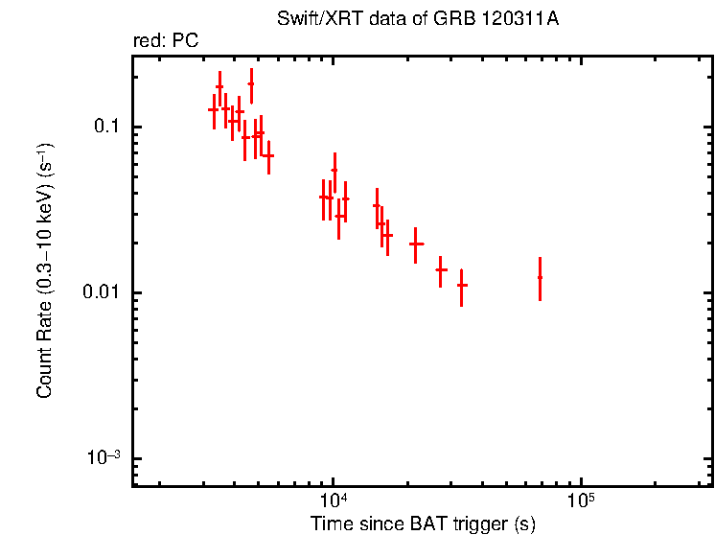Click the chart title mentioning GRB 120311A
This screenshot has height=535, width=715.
tap(423, 19)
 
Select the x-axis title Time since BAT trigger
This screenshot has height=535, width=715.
tap(423, 523)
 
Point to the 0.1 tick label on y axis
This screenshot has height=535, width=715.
tap(103, 128)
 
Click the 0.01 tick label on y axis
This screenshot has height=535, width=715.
tap(99, 292)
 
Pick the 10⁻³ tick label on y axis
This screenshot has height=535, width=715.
tap(101, 457)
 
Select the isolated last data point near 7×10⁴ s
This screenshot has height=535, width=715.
tap(540, 278)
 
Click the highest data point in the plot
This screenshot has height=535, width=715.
tap(251, 84)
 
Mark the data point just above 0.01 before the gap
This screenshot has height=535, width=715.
tap(462, 285)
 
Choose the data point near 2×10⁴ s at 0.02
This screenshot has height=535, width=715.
tap(416, 244)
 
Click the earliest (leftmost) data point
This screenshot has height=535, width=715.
tap(214, 110)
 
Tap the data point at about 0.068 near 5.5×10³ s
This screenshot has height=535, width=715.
tap(269, 155)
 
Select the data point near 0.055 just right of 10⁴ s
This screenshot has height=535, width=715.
tap(334, 170)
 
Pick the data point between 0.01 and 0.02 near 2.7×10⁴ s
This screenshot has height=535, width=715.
tap(441, 269)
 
